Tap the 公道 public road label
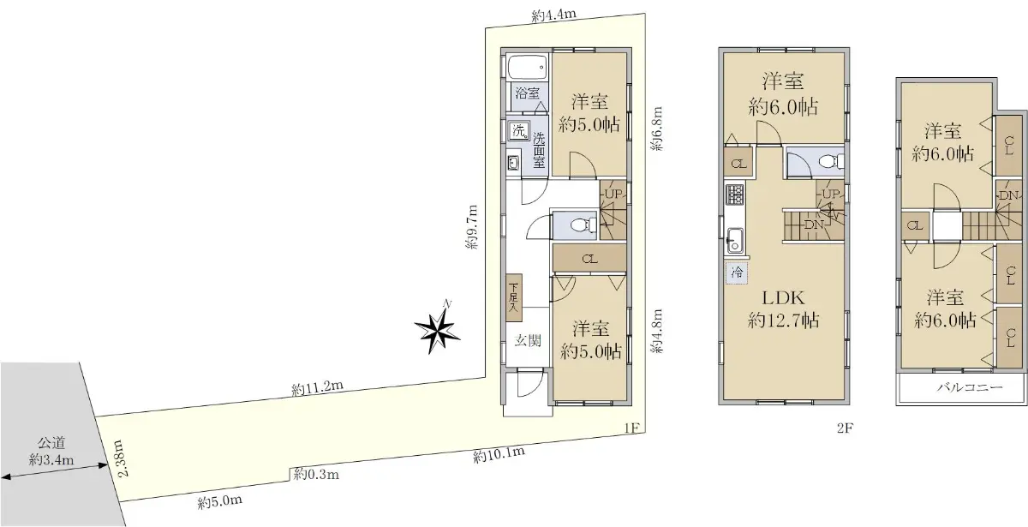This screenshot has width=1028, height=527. pos(51,443)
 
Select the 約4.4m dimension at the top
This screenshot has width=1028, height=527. pos(554,15)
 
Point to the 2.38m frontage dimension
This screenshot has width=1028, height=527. pos(119,458)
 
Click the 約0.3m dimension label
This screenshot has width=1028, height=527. pos(316,474)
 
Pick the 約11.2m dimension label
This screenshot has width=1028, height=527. pos(318,388)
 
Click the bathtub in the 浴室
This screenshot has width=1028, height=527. pos(528,68)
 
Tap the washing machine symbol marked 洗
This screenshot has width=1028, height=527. pos(519,131)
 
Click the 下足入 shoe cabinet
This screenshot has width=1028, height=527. pos(514,297)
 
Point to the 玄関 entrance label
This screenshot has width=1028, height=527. pos(528,341)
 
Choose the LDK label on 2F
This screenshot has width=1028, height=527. pos(783,298)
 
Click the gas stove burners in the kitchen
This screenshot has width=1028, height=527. pos(735,195)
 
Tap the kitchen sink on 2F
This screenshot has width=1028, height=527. pos(735,241)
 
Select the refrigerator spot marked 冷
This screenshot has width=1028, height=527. pos(737,272)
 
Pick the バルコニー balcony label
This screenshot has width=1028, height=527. pos(970,387)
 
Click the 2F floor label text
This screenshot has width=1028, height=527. pos(845,428)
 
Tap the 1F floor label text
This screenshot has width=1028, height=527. pos(632,428)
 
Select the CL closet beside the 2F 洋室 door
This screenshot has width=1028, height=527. pos(738,164)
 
